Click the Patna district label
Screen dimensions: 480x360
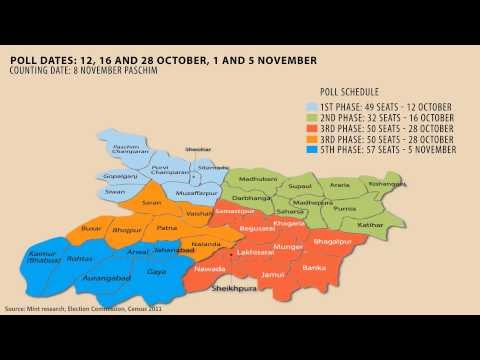pos(166,229)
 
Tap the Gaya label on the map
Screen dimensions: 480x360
pos(157,271)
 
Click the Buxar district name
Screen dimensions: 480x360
pos(91,230)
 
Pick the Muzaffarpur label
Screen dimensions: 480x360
pos(196,192)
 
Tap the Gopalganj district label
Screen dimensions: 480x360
pos(120,175)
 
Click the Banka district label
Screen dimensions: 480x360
pos(315,267)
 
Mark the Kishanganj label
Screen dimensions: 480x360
pos(387,184)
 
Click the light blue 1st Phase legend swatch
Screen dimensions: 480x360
pos(311,107)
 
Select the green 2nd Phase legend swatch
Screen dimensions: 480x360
pos(311,118)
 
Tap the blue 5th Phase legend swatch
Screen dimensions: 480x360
pos(311,150)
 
